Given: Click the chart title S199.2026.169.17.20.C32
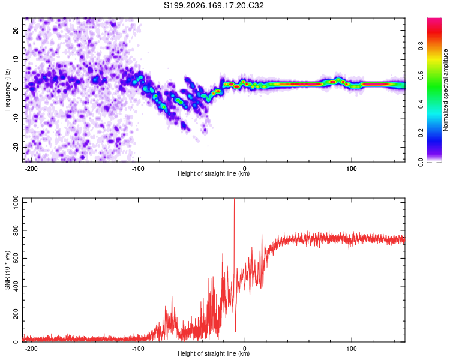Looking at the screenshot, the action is (x=214, y=5).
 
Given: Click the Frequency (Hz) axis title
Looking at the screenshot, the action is (x=7, y=90).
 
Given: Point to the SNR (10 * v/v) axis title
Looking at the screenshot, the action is (x=7, y=270).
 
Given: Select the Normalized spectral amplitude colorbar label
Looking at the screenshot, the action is (x=445, y=90).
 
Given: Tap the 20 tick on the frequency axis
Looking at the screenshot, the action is (x=16, y=30).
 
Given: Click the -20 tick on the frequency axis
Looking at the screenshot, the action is (x=16, y=147).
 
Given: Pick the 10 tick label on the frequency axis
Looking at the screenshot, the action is (x=16, y=59).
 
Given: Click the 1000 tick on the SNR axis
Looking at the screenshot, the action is (x=16, y=202).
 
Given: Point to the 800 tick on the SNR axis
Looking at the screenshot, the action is (x=16, y=230).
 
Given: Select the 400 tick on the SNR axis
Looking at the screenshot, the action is (x=16, y=286).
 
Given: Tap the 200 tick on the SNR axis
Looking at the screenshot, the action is (x=16, y=314).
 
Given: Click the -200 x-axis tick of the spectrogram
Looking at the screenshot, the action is (x=31, y=169).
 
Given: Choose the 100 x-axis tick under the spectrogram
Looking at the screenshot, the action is (x=351, y=169).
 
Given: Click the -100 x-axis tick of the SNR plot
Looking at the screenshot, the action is (x=138, y=349).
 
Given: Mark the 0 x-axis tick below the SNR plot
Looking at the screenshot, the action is (x=245, y=349).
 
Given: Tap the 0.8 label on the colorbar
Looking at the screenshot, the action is (x=421, y=46).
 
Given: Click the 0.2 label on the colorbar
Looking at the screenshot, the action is (x=421, y=133).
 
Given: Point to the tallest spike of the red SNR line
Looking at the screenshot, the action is (x=234, y=199).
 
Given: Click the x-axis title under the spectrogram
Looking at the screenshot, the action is (x=214, y=173).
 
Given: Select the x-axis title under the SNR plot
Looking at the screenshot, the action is (x=214, y=353).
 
